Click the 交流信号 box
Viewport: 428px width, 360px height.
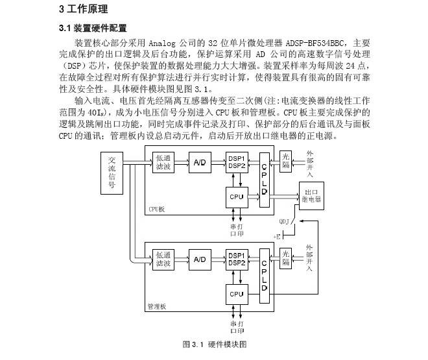pyautogui.click(x=112, y=173)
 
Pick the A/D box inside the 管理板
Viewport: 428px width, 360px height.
pyautogui.click(x=198, y=260)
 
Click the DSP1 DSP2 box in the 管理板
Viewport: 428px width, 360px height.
pyautogui.click(x=236, y=259)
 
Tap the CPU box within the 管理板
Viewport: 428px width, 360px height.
pyautogui.click(x=236, y=294)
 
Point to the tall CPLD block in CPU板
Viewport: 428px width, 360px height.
pyautogui.click(x=263, y=178)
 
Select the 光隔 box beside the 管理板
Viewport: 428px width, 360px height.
pyautogui.click(x=286, y=259)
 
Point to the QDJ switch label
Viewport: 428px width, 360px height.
pyautogui.click(x=284, y=221)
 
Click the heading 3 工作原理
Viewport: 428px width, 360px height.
pyautogui.click(x=84, y=9)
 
